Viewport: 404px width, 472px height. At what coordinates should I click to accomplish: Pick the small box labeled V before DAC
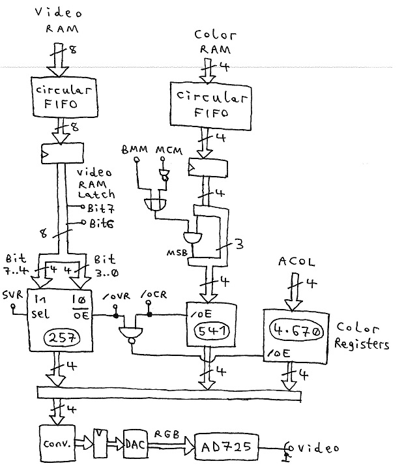point(100,445)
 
